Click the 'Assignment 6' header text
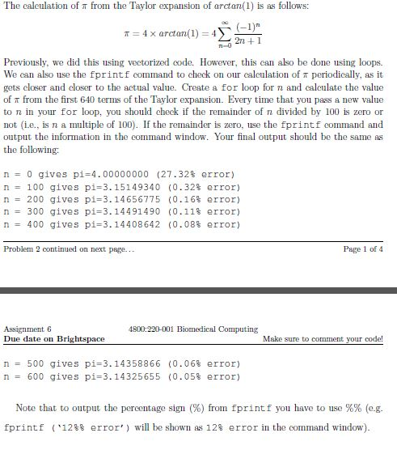pyautogui.click(x=28, y=329)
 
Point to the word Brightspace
pyautogui.click(x=80, y=338)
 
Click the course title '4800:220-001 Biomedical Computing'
pyautogui.click(x=193, y=329)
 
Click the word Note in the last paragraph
pyautogui.click(x=26, y=408)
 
